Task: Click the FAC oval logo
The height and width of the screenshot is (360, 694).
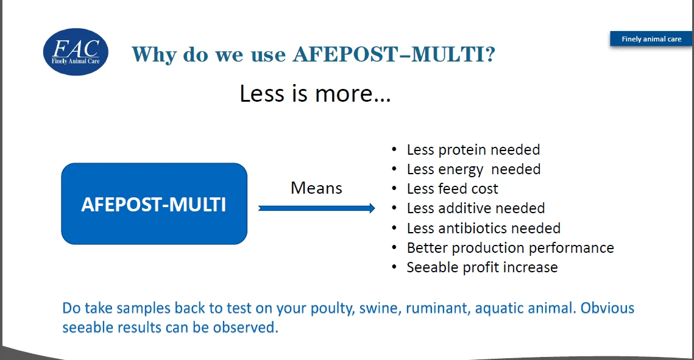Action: pos(76,52)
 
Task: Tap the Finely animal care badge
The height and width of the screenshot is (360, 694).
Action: pos(651,39)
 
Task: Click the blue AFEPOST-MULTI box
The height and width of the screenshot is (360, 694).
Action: pos(154,203)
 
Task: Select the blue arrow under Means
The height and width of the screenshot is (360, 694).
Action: pos(316,208)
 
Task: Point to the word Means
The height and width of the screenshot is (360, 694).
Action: pos(316,188)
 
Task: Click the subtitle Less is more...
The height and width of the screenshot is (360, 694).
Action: pos(315,93)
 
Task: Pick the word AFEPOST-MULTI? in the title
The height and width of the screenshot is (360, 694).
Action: pos(394,54)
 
